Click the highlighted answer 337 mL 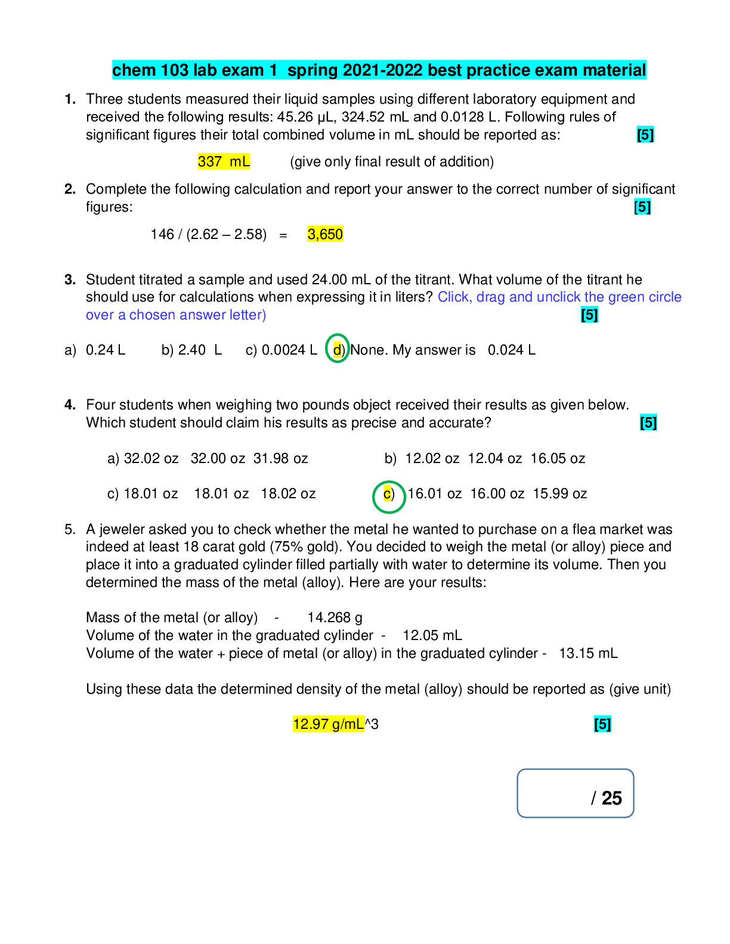(224, 162)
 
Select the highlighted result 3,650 (325, 234)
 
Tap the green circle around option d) (338, 349)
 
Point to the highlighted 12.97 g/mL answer (328, 724)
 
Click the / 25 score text (607, 798)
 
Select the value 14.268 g (335, 617)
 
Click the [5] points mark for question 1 (645, 135)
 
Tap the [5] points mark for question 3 (589, 315)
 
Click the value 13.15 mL (588, 653)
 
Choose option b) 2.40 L (191, 350)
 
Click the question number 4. (70, 405)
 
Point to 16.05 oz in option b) (558, 458)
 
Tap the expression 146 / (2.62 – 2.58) (208, 234)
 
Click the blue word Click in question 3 (453, 297)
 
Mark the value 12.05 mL (432, 635)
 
